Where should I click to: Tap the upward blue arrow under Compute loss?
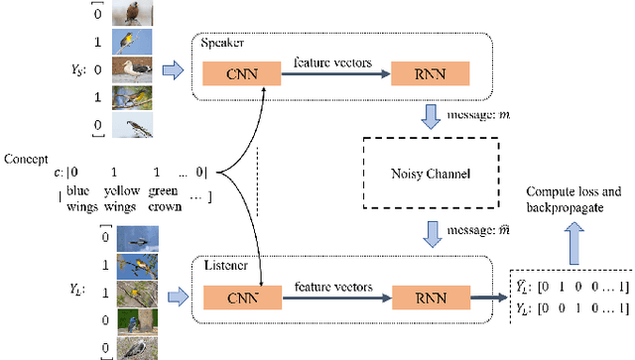tap(571, 234)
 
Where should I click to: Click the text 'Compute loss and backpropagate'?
tap(577, 198)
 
